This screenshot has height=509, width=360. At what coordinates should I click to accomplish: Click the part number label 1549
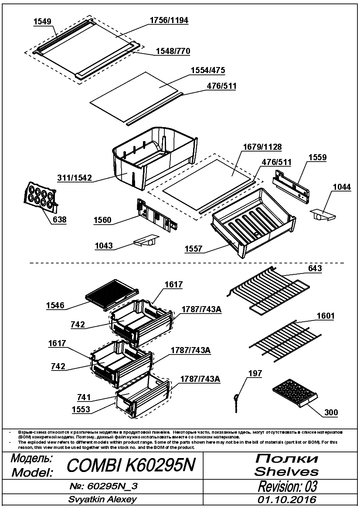(x=42, y=21)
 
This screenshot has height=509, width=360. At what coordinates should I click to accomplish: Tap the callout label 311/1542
(x=75, y=178)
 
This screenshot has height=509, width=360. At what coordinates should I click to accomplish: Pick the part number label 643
(x=315, y=268)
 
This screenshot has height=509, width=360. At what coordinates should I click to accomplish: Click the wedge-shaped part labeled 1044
(x=323, y=215)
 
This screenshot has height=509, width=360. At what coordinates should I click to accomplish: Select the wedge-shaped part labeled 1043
(x=146, y=240)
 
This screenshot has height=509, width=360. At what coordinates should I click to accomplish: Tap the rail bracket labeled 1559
(x=291, y=187)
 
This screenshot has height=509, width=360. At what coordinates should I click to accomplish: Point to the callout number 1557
(x=194, y=249)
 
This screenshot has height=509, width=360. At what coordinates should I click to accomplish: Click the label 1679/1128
(x=262, y=147)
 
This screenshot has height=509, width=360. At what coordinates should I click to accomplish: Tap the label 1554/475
(x=208, y=70)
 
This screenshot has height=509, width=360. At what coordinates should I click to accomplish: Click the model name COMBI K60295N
(x=131, y=465)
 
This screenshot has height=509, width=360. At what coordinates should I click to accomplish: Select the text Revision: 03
(x=287, y=486)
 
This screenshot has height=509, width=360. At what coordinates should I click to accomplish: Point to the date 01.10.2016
(x=287, y=499)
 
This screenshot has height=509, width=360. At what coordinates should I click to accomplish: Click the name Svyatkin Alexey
(x=102, y=499)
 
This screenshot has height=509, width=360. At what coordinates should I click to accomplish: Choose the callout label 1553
(x=81, y=409)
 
